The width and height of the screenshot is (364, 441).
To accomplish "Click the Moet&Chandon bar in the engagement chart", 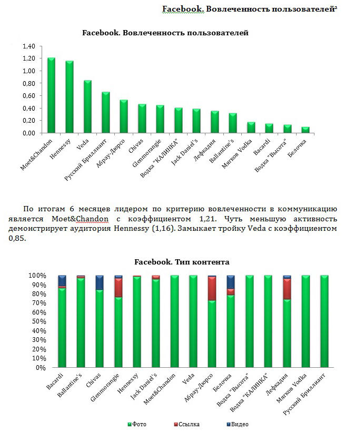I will point(51,95).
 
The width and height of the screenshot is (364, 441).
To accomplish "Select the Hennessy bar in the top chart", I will point(70,97).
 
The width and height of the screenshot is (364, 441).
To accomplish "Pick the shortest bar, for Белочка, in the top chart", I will point(305,130).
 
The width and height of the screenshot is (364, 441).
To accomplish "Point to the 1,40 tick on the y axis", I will point(28,46).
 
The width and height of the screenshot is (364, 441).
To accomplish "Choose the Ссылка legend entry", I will point(188,424).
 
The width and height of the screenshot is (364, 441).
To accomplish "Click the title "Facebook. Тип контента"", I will point(182,261).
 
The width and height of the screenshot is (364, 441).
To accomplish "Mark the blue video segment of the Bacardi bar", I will point(62,280).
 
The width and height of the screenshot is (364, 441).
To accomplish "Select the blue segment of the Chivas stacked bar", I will point(100,282).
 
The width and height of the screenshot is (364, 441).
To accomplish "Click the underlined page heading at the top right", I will point(249,9).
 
